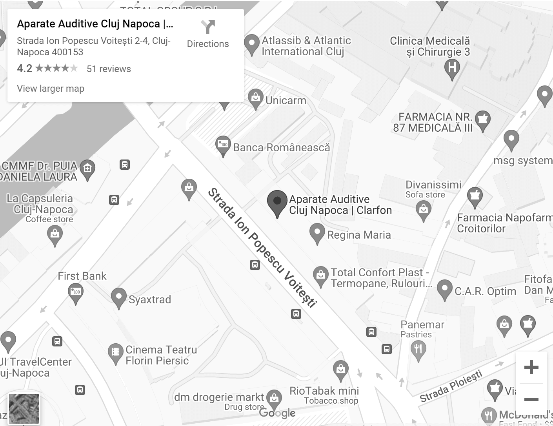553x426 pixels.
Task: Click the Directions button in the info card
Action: click(207, 34)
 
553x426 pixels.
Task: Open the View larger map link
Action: click(51, 89)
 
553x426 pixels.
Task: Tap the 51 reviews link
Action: click(109, 69)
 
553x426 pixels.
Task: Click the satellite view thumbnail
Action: click(24, 409)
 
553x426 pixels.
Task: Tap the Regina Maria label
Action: click(359, 235)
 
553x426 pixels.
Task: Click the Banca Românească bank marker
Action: click(223, 145)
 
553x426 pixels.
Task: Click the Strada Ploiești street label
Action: click(451, 387)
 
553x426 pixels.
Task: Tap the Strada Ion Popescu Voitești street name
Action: click(262, 247)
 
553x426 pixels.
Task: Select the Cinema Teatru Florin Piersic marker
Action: click(115, 353)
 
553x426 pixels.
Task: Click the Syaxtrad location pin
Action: click(118, 297)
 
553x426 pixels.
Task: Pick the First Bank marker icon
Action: click(76, 293)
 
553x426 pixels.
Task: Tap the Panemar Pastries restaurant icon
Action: click(418, 348)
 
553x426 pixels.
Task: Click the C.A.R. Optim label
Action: click(485, 291)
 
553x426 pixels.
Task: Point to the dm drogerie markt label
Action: click(219, 397)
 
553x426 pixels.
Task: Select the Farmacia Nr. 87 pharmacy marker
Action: click(483, 120)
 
